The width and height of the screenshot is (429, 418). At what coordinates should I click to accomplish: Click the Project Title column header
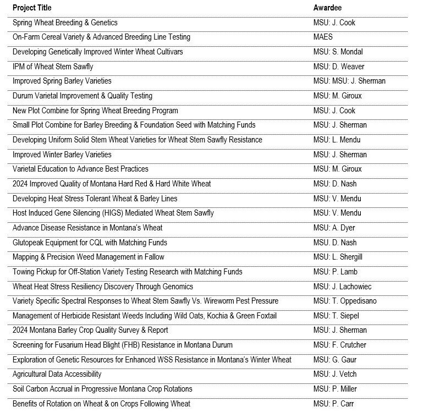[x=32, y=8]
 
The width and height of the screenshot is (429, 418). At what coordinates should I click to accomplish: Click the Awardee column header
[x=328, y=8]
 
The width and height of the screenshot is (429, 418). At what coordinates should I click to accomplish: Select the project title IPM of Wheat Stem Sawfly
[x=53, y=67]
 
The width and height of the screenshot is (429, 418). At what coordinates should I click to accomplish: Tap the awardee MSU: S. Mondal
[x=338, y=52]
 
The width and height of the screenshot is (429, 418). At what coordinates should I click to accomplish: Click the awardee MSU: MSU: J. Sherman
[x=349, y=81]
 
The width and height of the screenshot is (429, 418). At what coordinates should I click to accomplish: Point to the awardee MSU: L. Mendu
[x=337, y=140]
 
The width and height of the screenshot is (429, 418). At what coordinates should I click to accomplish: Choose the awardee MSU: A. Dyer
[x=334, y=228]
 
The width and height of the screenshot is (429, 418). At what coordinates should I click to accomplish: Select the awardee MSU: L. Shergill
[x=338, y=257]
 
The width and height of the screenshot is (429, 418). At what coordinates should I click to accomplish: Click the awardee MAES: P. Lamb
[x=335, y=272]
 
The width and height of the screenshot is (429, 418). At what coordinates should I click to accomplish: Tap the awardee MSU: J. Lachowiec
[x=342, y=287]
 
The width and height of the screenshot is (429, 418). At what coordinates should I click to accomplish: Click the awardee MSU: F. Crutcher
[x=339, y=345]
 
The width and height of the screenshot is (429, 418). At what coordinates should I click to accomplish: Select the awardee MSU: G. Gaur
[x=334, y=360]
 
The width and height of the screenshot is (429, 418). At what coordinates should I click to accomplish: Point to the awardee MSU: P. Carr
[x=333, y=404]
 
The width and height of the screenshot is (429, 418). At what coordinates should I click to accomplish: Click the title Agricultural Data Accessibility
[x=57, y=374]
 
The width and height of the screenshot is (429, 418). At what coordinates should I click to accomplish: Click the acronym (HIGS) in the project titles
[x=113, y=213]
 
